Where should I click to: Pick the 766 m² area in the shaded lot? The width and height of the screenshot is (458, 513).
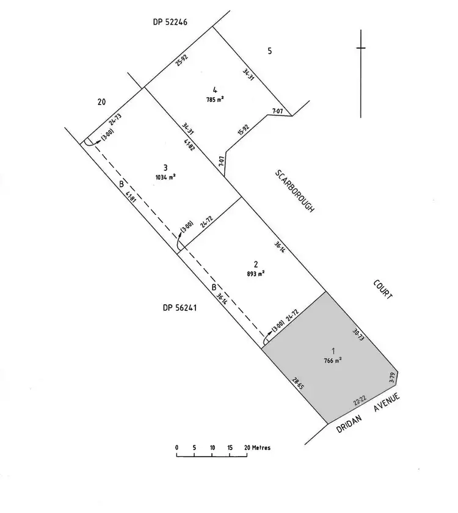pos(333,360)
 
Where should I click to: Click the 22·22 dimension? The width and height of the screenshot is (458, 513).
pos(359,401)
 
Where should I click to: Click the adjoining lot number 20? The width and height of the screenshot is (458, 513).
pos(101,102)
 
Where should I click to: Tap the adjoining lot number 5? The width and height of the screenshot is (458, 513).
pos(269,51)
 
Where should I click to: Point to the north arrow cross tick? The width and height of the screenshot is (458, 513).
pos(361,48)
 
